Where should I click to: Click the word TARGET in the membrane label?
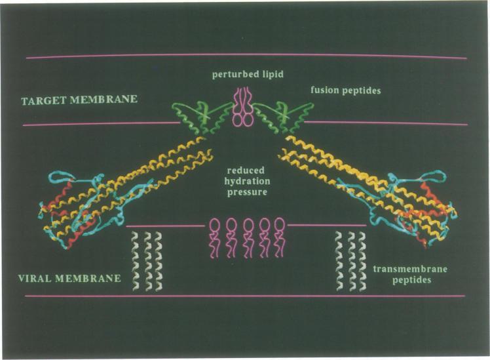point(41,100)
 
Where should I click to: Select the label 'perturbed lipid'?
point(248,74)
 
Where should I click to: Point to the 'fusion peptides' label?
point(345,90)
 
